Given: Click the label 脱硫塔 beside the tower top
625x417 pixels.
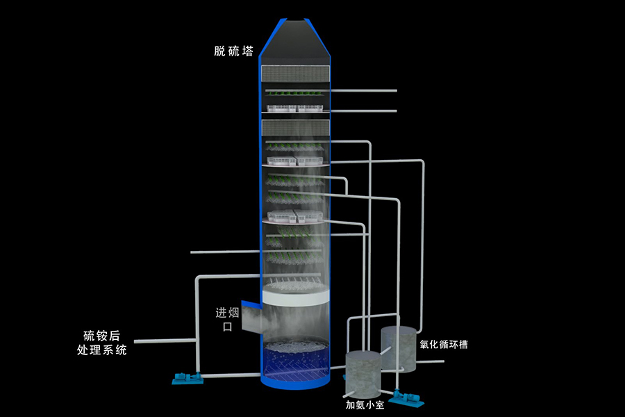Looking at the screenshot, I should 233,51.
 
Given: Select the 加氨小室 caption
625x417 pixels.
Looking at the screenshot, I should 365,404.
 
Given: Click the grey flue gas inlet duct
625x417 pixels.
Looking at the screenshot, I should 251,320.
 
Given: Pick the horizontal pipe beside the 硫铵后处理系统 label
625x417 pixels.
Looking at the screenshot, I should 163,341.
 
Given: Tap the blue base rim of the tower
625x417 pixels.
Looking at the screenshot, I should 292,384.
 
